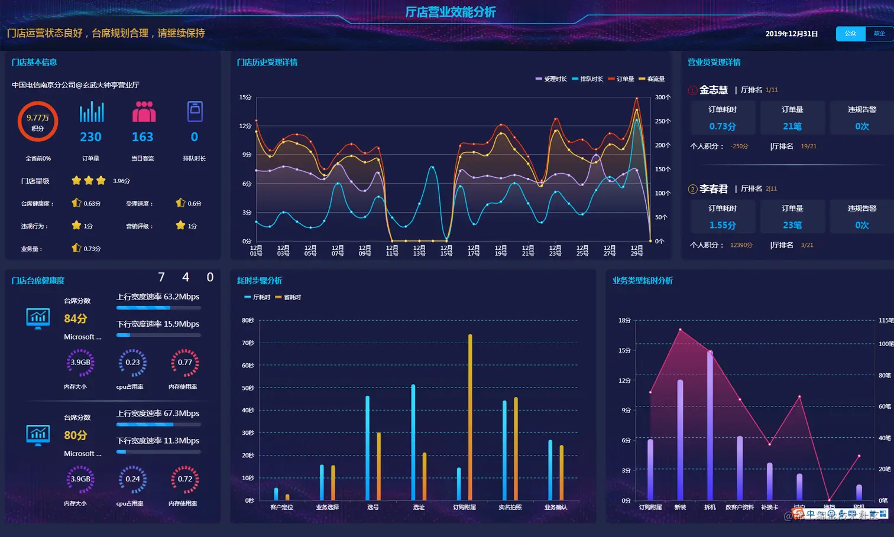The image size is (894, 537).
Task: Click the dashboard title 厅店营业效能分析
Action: click(x=450, y=12)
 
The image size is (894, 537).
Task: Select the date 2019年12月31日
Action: click(x=791, y=34)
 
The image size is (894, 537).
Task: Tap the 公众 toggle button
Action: click(x=850, y=34)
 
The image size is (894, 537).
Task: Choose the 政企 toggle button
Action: click(x=879, y=34)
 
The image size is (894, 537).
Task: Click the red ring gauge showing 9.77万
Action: click(x=38, y=122)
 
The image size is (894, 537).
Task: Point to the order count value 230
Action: click(x=91, y=137)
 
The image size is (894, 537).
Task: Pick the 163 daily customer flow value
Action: click(x=142, y=137)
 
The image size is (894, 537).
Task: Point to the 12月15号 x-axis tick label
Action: click(x=446, y=250)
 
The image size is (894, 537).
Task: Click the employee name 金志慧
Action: click(x=714, y=90)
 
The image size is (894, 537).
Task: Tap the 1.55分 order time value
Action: click(x=723, y=225)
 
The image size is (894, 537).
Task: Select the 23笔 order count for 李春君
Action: click(x=792, y=225)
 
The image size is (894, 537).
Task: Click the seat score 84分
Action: click(x=76, y=318)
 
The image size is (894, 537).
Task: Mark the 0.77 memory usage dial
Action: click(x=185, y=362)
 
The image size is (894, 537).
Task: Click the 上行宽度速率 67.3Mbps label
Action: click(x=158, y=414)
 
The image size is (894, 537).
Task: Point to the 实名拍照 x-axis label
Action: click(x=510, y=507)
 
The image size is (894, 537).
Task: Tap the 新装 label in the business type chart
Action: click(x=680, y=507)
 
